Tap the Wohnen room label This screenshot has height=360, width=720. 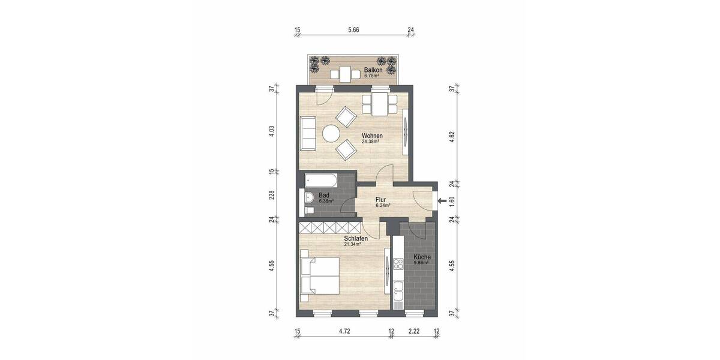point(372,136)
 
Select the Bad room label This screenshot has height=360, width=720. point(324,195)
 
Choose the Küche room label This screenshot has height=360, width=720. point(422,257)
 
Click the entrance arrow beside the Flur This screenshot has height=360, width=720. point(442,201)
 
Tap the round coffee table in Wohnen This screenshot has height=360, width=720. point(331,133)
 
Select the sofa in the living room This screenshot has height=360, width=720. point(308,133)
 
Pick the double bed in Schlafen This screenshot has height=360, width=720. point(319,275)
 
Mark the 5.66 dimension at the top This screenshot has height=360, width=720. point(352,30)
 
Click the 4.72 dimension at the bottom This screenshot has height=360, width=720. point(344,331)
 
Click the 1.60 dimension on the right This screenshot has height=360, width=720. point(452,201)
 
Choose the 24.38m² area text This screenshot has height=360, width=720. point(372,142)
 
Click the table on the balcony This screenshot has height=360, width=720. point(346,74)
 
